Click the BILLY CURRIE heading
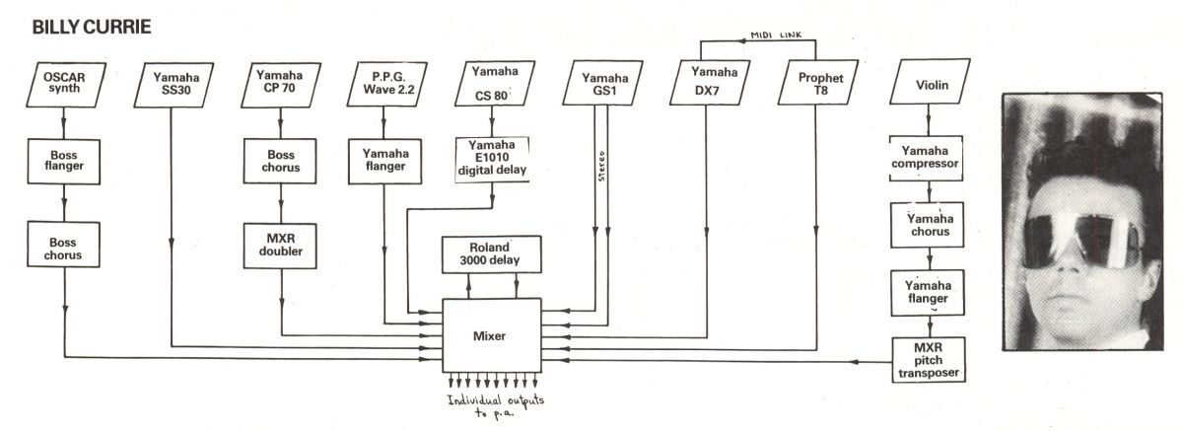(x=91, y=27)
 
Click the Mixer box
(x=490, y=336)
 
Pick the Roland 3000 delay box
(x=490, y=254)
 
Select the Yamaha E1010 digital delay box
(x=493, y=161)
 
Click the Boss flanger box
(x=65, y=161)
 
